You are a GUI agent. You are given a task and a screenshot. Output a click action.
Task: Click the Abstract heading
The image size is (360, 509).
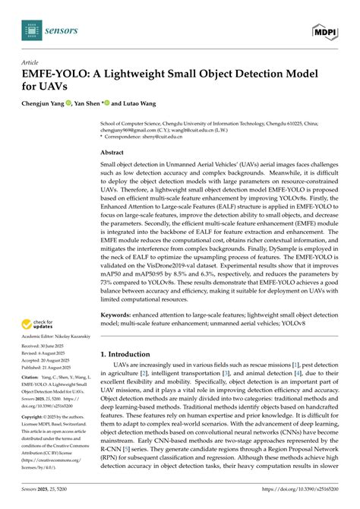click(x=113, y=152)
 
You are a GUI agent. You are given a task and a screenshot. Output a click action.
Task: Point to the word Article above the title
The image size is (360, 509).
click(x=30, y=62)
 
